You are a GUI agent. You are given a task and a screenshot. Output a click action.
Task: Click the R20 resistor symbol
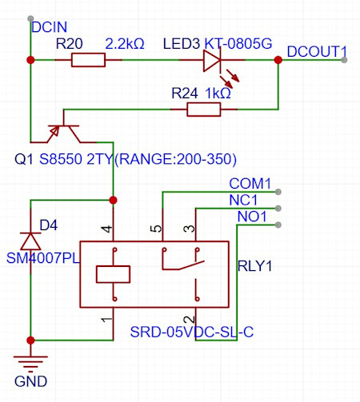point(88,60)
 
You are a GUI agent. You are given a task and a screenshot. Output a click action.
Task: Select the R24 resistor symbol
point(204,109)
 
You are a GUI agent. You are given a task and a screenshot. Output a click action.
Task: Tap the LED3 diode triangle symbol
point(213,60)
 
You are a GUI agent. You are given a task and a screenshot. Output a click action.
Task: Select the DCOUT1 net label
point(317,51)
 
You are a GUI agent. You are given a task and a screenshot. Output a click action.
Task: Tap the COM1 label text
point(250,182)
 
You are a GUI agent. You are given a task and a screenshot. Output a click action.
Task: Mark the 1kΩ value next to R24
point(218,94)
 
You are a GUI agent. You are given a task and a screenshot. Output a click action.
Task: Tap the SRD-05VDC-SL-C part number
point(192,332)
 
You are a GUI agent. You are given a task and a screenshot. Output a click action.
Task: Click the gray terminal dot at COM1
point(279,191)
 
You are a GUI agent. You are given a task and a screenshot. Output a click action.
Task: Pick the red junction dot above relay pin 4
point(113,199)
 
